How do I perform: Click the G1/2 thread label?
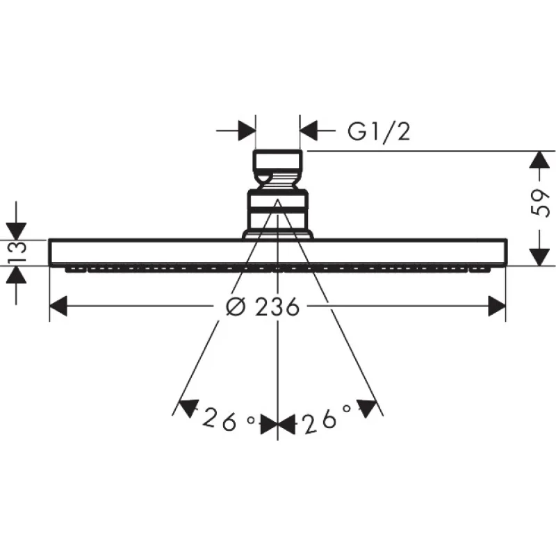click(x=379, y=131)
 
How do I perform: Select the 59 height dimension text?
click(x=540, y=203)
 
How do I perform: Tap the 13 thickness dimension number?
click(x=17, y=252)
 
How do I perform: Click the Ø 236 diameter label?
click(x=263, y=306)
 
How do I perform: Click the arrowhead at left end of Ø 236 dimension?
click(x=58, y=306)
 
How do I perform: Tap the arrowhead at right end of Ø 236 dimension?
click(x=497, y=306)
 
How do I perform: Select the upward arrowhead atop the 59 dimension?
click(x=539, y=160)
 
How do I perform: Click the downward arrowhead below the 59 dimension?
click(x=539, y=257)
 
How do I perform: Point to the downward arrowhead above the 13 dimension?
click(x=16, y=231)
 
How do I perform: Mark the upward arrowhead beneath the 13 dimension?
click(x=16, y=275)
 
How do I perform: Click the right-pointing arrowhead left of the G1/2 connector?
click(x=247, y=131)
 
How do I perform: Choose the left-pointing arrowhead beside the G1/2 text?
click(x=308, y=131)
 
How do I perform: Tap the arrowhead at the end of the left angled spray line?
click(x=188, y=408)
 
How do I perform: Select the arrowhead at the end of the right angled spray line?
click(x=367, y=409)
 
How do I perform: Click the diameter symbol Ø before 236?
click(x=236, y=306)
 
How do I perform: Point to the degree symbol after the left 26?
click(x=251, y=420)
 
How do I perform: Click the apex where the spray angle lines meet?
click(x=278, y=199)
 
